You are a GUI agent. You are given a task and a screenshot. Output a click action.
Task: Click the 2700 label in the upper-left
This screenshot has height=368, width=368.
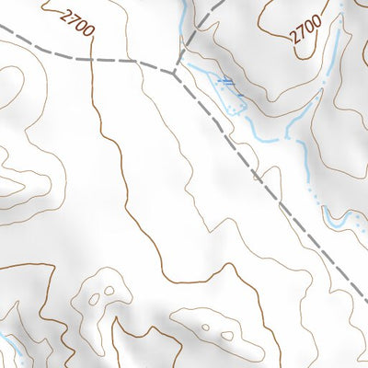(x=77, y=21)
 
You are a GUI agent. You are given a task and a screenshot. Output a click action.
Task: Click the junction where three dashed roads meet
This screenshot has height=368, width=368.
(x=174, y=70)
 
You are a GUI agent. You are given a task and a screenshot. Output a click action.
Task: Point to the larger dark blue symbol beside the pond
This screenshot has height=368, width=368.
(x=225, y=83)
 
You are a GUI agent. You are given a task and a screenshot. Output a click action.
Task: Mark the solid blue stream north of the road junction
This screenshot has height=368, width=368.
(x=184, y=23)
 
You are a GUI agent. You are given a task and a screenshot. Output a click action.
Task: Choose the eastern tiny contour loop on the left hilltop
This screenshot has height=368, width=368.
(x=109, y=292)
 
